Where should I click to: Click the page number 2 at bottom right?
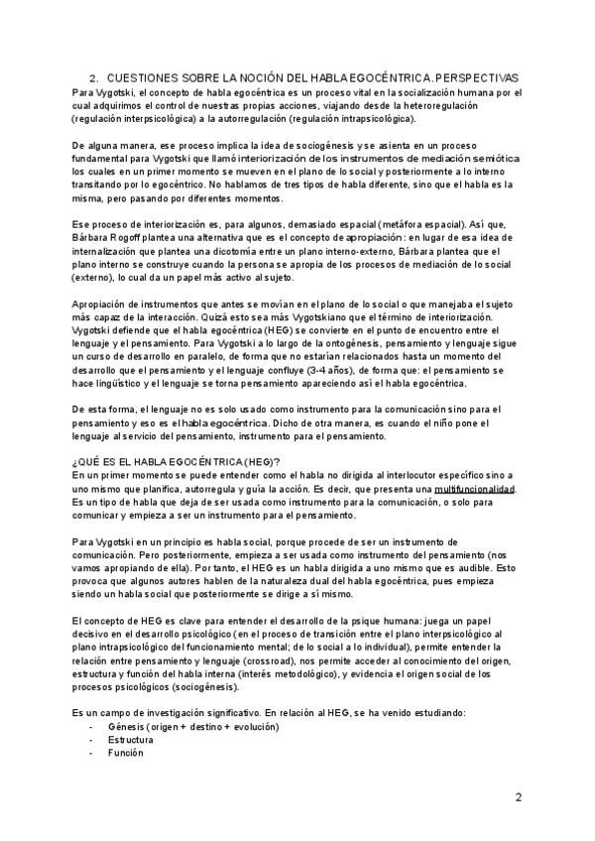pos(518,797)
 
